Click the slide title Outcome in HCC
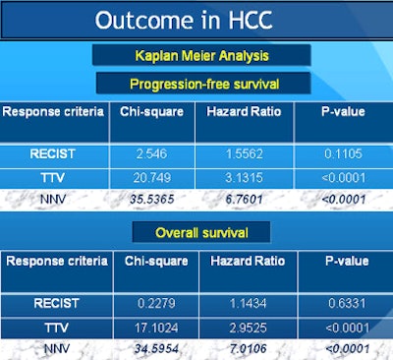coord(196,20)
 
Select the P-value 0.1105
coord(331,154)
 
